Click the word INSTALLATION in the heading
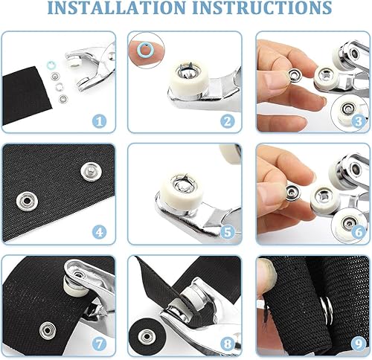pos(116,7)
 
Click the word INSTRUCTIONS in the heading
pos(262,7)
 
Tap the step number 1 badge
pos(99,121)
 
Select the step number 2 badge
pos(228,121)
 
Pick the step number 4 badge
pos(99,232)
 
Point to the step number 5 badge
pos(228,232)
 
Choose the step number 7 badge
pos(99,344)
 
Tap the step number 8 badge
pos(228,344)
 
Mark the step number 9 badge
pos(359,344)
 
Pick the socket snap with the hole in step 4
pos(27,200)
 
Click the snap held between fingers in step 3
pos(295,75)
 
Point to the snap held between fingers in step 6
pos(293,193)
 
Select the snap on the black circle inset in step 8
pos(147,336)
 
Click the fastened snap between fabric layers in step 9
pos(327,310)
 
